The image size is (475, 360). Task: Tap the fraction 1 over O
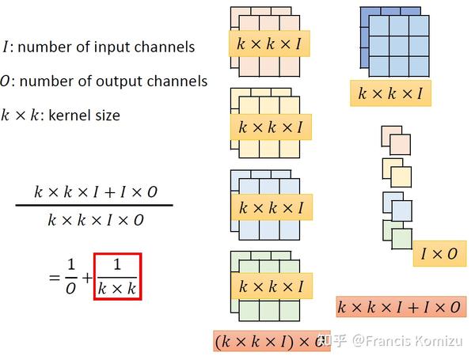(71, 277)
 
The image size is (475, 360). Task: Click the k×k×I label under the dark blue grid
(390, 93)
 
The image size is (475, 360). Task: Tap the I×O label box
(439, 254)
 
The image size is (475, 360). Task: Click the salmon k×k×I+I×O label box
(401, 307)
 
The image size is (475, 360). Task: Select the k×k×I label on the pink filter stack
(269, 44)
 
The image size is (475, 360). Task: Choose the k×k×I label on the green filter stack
(272, 286)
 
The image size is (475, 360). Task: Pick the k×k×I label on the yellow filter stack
(271, 127)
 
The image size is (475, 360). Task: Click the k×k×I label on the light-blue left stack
(272, 207)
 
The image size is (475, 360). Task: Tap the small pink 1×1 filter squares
(397, 141)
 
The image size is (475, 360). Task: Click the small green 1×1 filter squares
(397, 235)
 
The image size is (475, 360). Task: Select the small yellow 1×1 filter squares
(397, 172)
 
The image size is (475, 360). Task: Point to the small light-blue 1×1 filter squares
(397, 207)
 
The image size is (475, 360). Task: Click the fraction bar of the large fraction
(94, 205)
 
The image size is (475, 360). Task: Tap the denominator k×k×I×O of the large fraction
(96, 220)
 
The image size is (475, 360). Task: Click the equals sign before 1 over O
(55, 278)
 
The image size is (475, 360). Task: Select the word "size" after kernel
(110, 116)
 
